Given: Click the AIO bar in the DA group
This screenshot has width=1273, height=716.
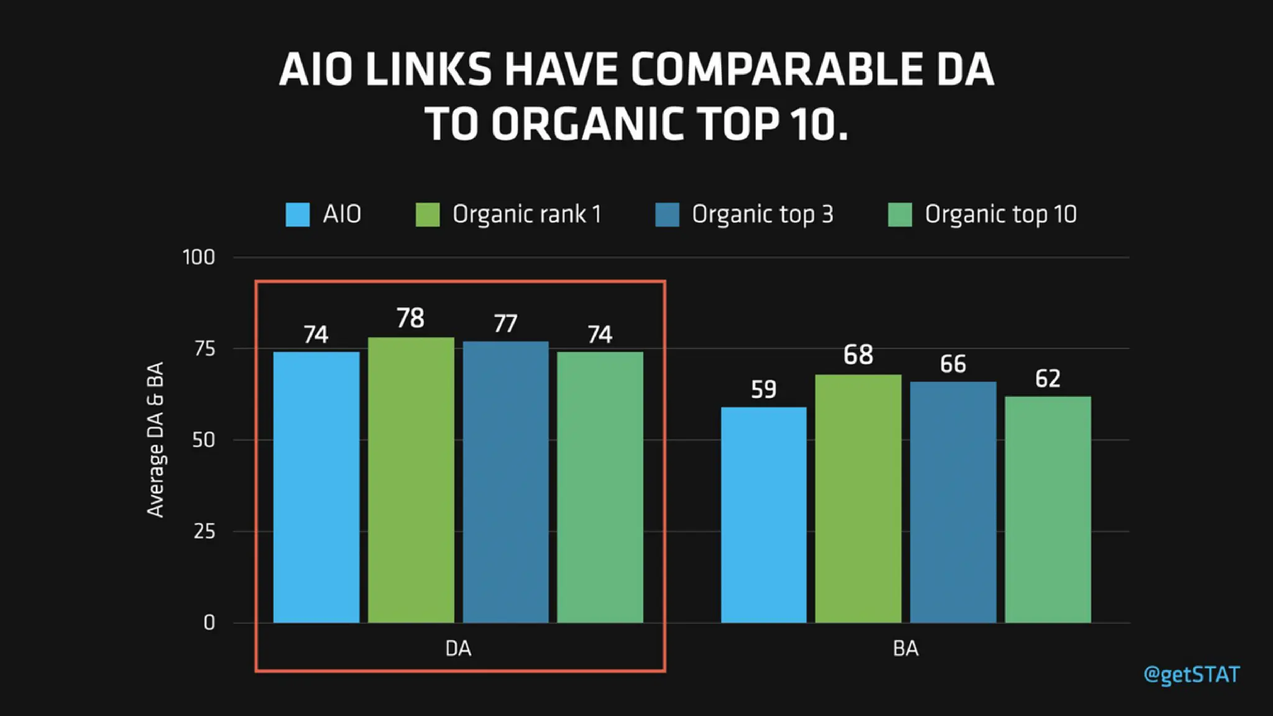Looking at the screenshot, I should tap(316, 487).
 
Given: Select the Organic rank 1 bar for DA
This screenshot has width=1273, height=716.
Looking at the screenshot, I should tap(411, 480).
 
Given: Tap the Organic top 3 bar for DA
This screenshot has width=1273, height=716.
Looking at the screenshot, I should tap(505, 482).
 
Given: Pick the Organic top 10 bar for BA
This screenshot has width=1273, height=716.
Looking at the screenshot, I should tap(1047, 510).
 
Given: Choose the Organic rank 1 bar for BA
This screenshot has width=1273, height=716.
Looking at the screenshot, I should tap(858, 498).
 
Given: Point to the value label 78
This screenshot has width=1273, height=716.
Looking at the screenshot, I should tap(410, 318).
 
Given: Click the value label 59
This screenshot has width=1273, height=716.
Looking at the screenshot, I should tap(763, 390).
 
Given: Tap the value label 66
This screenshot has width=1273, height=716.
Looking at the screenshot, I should tap(953, 364).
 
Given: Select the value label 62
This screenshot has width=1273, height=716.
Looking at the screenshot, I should tap(1047, 379).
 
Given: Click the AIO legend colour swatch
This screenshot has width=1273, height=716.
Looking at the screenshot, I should tap(297, 214).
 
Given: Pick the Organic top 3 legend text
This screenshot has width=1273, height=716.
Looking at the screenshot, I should tap(762, 214).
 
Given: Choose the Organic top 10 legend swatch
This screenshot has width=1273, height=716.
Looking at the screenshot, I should tap(899, 214).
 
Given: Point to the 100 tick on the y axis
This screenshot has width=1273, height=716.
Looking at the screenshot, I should tap(199, 257).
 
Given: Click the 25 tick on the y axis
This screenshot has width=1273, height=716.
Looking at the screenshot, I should tap(204, 531).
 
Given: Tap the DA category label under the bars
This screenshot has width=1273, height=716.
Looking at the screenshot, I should tap(458, 649).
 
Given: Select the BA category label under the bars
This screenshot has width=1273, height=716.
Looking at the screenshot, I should tap(905, 649).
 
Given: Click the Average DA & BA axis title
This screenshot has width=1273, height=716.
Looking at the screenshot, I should tap(155, 439).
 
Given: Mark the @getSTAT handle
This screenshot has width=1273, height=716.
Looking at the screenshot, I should tap(1191, 675).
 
